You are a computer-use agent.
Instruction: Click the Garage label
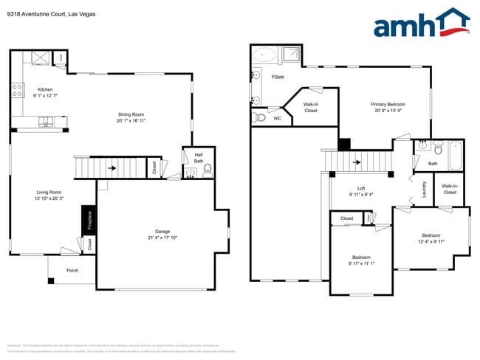(162, 234)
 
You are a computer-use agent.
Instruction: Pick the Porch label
(72, 270)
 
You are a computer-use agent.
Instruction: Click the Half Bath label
(199, 157)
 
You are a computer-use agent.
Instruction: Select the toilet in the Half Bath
(208, 171)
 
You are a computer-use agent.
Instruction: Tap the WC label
(277, 118)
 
